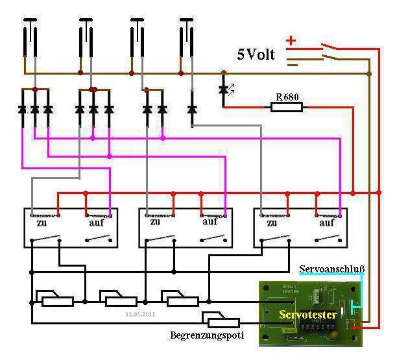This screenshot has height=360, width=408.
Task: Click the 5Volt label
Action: [256, 54]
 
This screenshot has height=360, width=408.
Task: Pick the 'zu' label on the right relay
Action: [269, 222]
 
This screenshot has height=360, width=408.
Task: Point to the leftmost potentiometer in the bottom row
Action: [55, 299]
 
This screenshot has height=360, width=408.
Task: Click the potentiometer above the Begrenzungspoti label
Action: [216, 318]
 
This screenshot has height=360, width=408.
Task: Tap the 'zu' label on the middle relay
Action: [155, 222]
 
